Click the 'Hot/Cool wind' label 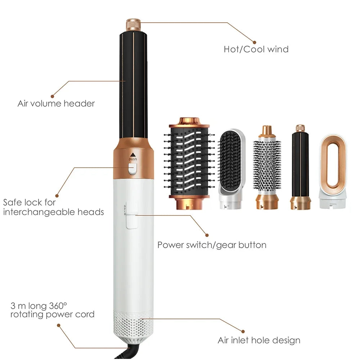256,49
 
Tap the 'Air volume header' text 56,104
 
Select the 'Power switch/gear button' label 212,245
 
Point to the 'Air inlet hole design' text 259,340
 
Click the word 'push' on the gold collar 133,159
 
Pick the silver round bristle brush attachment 267,168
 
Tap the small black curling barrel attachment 300,167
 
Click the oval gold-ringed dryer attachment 333,171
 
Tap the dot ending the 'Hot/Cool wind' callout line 254,42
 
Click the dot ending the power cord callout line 58,325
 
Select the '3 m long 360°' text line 39,306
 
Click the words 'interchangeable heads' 53,212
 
